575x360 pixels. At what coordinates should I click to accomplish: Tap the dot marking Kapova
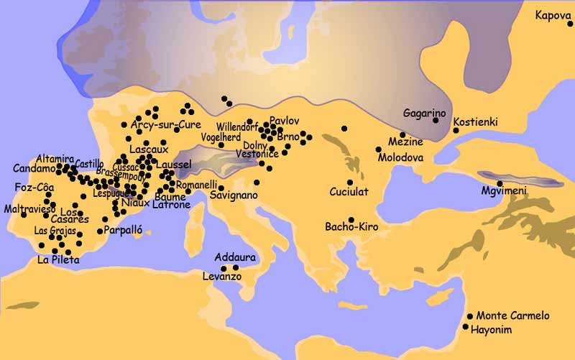pyautogui.click(x=569, y=24)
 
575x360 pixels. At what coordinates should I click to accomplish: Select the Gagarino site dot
pyautogui.click(x=436, y=120)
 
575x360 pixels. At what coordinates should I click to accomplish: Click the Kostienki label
pyautogui.click(x=477, y=122)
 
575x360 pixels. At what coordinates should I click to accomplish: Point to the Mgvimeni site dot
pyautogui.click(x=500, y=184)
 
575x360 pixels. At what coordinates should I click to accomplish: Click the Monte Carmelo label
pyautogui.click(x=512, y=315)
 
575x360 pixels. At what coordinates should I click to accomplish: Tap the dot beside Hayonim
pyautogui.click(x=466, y=327)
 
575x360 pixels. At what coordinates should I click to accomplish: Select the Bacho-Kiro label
pyautogui.click(x=351, y=226)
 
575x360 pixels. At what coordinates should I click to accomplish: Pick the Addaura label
pyautogui.click(x=235, y=257)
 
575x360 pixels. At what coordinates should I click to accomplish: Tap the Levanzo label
pyautogui.click(x=221, y=277)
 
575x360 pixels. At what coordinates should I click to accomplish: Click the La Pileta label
pyautogui.click(x=58, y=260)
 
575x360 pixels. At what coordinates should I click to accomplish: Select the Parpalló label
pyautogui.click(x=124, y=231)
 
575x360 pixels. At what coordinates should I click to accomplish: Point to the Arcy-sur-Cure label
pyautogui.click(x=166, y=124)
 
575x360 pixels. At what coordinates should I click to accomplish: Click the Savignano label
pyautogui.click(x=234, y=195)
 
